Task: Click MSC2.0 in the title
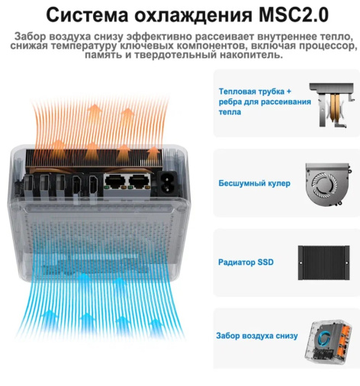(294, 15)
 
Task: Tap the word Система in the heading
(87, 15)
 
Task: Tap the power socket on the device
(167, 184)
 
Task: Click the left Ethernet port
(115, 182)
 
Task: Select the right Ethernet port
(140, 182)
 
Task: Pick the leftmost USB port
(28, 185)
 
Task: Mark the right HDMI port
(93, 185)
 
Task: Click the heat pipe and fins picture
(332, 105)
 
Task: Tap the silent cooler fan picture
(327, 184)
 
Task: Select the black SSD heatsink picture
(323, 262)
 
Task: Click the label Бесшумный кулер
(254, 183)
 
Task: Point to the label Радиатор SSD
(246, 262)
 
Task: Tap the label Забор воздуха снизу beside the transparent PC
(257, 336)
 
